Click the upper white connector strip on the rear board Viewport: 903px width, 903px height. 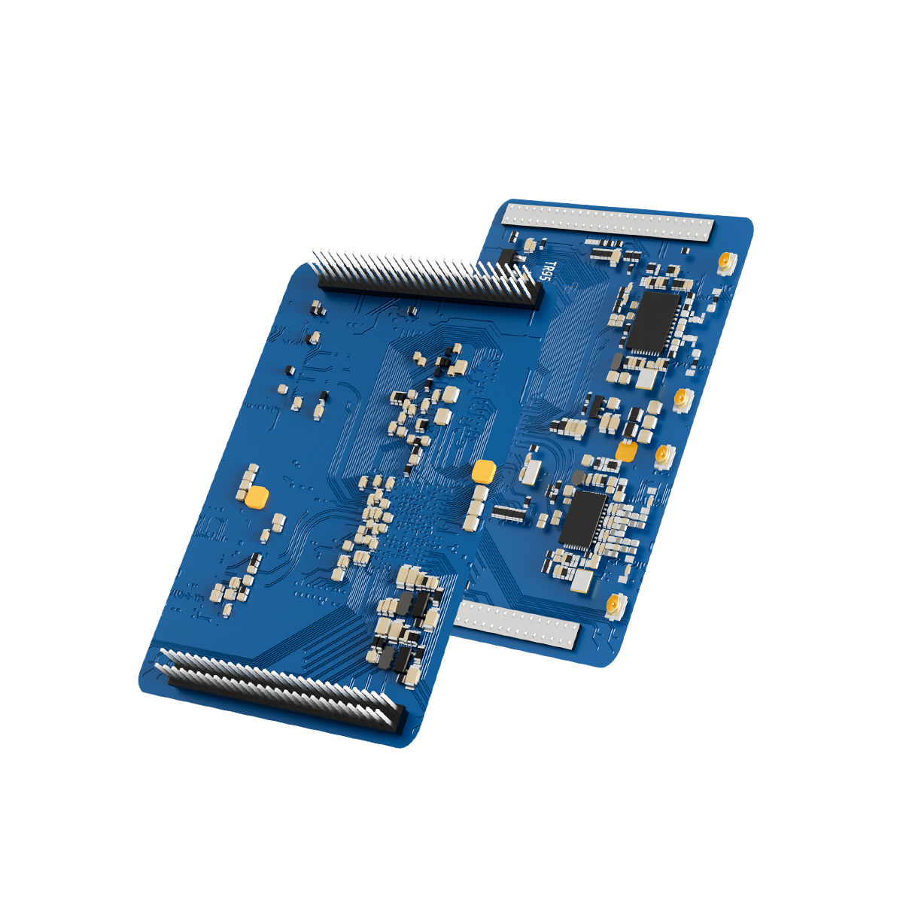click(x=608, y=223)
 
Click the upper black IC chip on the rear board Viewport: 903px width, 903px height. click(x=652, y=322)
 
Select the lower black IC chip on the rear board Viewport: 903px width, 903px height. click(x=583, y=518)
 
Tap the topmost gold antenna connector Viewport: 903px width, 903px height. click(x=726, y=262)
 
